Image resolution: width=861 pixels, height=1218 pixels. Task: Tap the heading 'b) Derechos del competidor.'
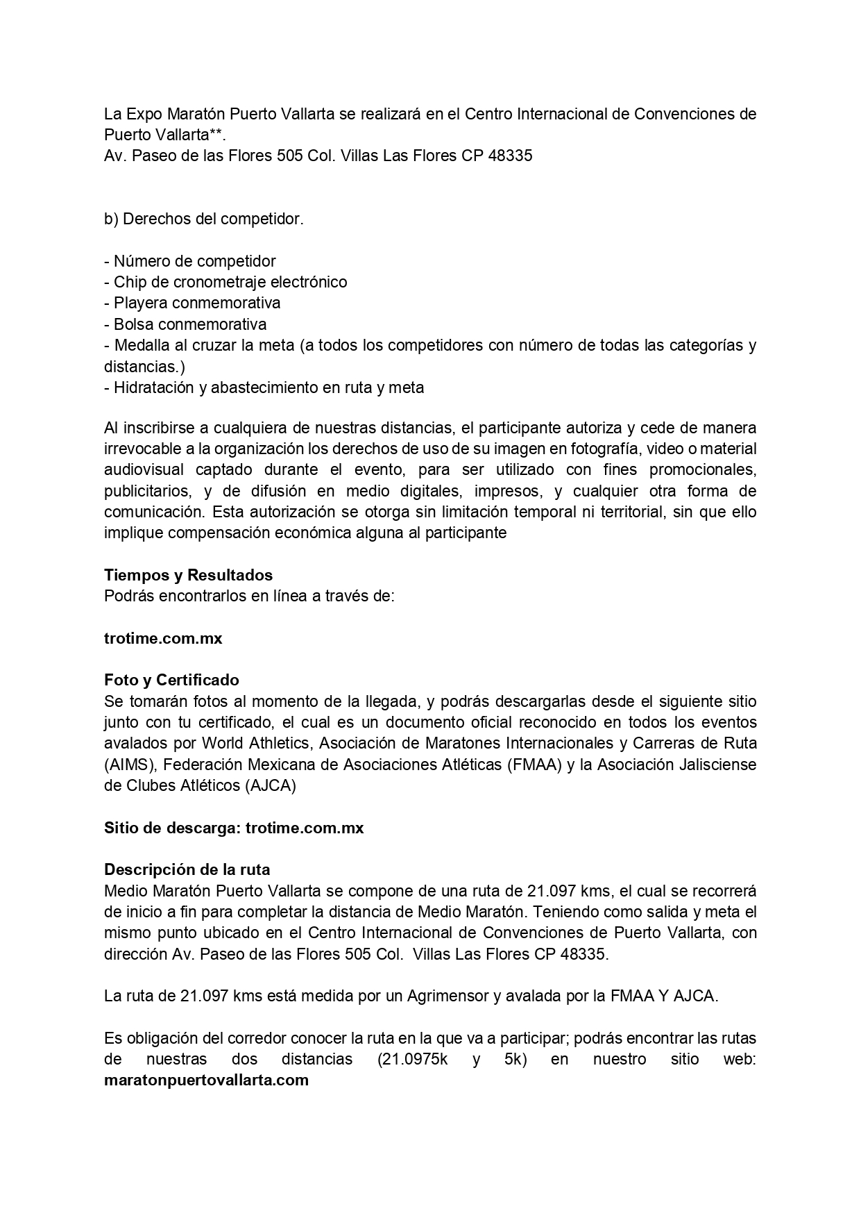click(x=203, y=219)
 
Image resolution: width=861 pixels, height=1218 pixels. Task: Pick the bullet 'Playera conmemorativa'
click(x=197, y=303)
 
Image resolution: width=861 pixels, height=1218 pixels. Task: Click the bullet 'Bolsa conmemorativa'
click(x=189, y=324)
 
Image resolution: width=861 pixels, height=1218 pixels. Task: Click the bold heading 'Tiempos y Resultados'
click(x=188, y=575)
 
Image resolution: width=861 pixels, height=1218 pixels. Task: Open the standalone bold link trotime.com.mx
click(x=163, y=638)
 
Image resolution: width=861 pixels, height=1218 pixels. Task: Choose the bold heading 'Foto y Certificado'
click(x=171, y=680)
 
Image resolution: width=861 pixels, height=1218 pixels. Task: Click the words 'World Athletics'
click(x=255, y=743)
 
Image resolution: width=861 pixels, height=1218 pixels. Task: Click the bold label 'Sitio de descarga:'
click(x=173, y=828)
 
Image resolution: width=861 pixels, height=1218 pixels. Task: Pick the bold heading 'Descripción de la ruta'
click(x=187, y=869)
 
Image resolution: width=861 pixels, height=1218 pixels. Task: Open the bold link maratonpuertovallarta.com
click(x=206, y=1081)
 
